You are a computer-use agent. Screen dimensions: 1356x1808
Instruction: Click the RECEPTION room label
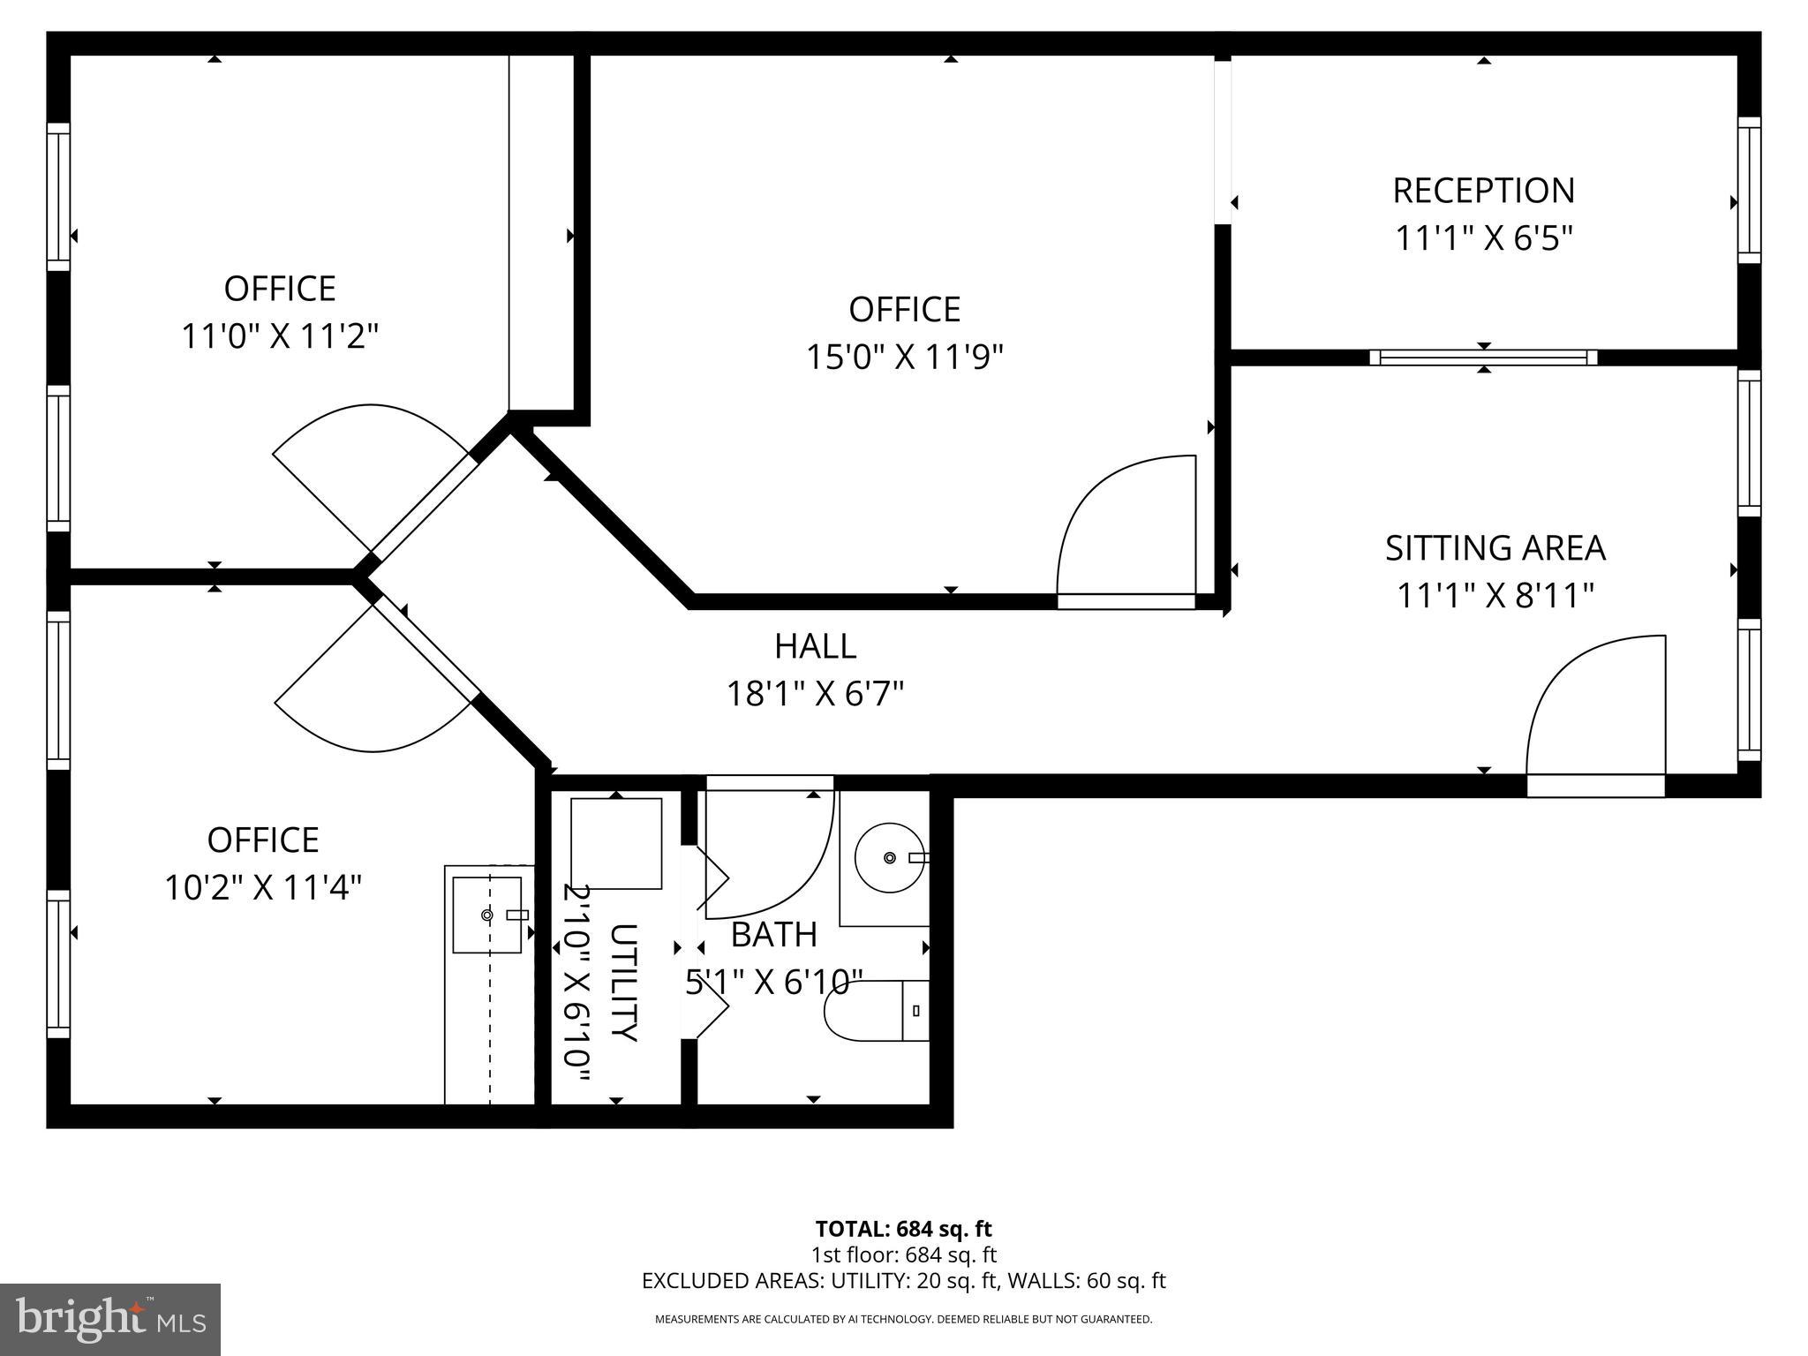1483,191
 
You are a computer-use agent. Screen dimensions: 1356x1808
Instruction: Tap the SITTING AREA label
1495,548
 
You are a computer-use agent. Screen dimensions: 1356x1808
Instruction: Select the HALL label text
815,646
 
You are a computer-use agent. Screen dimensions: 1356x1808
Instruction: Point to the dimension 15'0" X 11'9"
904,358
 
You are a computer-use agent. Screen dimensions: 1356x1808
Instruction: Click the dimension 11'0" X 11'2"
280,336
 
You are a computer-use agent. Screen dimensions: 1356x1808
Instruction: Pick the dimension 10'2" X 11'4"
263,887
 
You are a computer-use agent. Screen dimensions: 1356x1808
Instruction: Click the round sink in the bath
890,857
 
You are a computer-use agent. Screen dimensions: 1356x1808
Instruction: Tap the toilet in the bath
874,1011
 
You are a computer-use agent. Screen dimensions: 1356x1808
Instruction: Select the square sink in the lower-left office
487,915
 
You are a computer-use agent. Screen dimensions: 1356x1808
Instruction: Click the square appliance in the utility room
616,844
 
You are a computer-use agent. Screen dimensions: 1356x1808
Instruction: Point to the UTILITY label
623,982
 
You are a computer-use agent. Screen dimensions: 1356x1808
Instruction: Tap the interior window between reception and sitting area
1483,358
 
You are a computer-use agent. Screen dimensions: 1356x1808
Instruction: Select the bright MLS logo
110,1319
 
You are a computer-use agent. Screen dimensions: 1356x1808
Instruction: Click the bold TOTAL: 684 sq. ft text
903,1229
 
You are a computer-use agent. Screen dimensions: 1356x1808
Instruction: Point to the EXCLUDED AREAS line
903,1281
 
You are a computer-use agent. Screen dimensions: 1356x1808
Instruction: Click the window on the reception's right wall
1749,190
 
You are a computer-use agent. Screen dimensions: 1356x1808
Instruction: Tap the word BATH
774,935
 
